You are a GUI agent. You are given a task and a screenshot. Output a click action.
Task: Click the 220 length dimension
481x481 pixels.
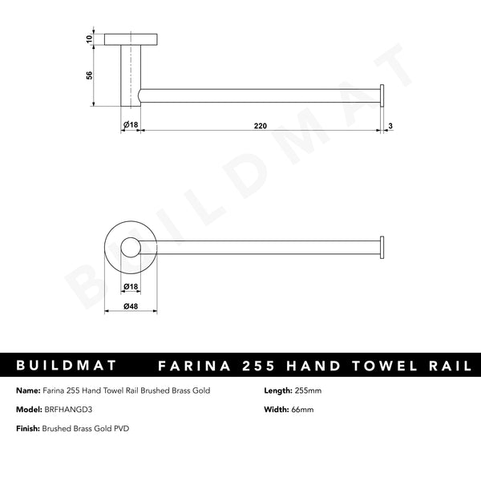[x=261, y=126]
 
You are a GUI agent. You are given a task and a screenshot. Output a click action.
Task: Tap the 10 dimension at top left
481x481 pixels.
[x=90, y=38]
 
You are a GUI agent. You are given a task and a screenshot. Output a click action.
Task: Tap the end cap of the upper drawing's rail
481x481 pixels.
[x=382, y=96]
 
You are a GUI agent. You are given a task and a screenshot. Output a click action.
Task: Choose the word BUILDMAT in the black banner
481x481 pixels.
[x=67, y=366]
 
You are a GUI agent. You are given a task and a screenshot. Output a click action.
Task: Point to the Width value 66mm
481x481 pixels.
[x=301, y=409]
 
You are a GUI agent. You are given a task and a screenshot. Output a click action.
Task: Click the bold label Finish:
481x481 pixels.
[x=26, y=429]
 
